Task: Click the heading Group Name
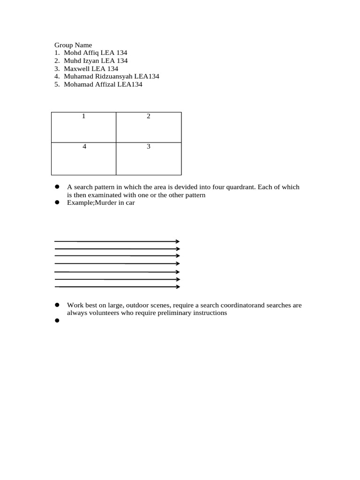[x=73, y=45]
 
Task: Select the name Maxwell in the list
[x=78, y=68]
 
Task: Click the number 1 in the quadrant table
[x=83, y=116]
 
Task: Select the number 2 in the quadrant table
[x=149, y=116]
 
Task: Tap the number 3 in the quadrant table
[x=149, y=146]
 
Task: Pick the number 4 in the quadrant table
[x=84, y=146]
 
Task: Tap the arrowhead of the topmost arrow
[x=178, y=241]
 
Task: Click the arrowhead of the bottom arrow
[x=178, y=286]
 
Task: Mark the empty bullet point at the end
[x=57, y=321]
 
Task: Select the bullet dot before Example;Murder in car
[x=57, y=202]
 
